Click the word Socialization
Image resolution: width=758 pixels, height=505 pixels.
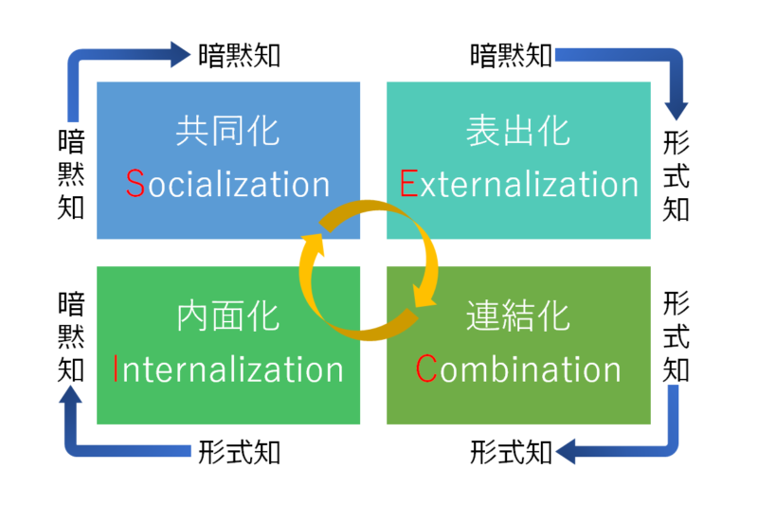pos(228,184)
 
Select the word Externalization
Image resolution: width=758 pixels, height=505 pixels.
pos(519,184)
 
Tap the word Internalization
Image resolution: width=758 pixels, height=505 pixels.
pos(228,369)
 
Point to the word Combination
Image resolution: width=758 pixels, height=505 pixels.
pos(519,369)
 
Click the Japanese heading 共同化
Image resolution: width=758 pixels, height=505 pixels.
pos(228,132)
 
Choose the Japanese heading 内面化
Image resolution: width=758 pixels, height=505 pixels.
pos(228,316)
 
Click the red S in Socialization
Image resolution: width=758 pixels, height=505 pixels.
pos(135,184)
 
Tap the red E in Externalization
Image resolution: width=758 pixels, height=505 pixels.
pos(408,184)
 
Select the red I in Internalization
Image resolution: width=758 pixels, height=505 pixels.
pos(116,369)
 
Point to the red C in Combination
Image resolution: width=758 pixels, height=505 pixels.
pos(426,369)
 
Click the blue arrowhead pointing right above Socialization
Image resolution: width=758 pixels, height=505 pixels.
pos(179,54)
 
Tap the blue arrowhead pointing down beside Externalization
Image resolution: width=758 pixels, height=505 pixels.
pos(677,105)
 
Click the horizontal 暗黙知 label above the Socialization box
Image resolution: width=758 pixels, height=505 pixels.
pos(240,55)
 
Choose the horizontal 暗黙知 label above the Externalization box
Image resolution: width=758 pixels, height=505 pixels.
pos(512,55)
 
